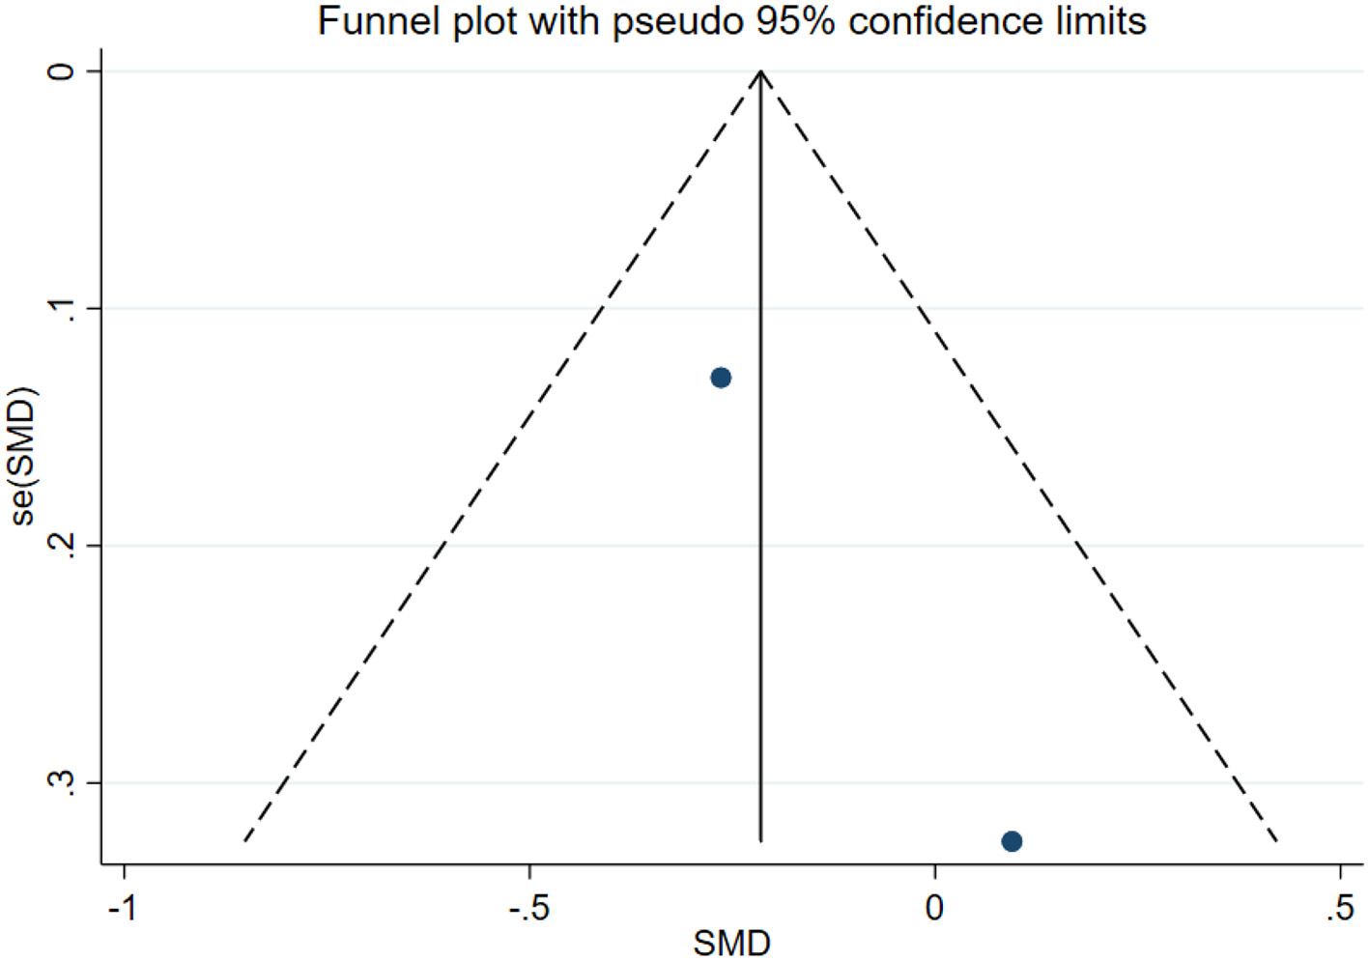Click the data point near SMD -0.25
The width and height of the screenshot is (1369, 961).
pos(721,378)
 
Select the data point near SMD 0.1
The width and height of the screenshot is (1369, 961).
pos(1012,841)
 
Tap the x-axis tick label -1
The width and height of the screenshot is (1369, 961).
pos(123,908)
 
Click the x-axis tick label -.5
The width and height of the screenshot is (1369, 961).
pos(528,908)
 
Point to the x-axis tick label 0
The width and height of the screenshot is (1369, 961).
pos(934,908)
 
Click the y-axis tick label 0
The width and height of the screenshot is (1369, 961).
pos(62,71)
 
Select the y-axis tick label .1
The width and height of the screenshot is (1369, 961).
pos(62,309)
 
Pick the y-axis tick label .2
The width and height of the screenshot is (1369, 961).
pos(62,546)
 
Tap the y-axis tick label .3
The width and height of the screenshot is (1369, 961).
pos(62,783)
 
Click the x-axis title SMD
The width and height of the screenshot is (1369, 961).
pos(731,943)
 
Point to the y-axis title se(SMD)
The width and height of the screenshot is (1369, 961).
pos(23,456)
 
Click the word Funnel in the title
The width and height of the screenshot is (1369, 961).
pos(377,21)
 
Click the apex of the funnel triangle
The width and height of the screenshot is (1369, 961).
pos(761,71)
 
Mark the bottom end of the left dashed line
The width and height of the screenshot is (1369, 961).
pos(244,841)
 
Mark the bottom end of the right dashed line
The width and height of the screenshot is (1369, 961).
pos(1278,841)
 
